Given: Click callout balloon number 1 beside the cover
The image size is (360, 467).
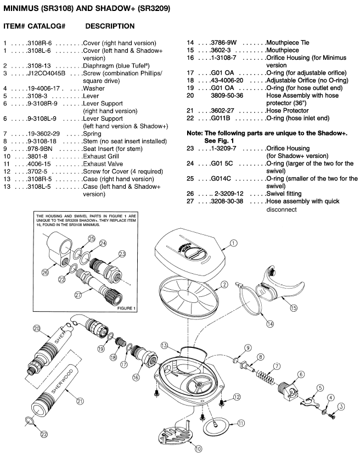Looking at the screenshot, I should [x=233, y=243].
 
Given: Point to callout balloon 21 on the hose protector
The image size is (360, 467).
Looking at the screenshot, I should [x=81, y=401].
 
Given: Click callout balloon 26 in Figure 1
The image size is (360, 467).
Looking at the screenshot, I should [x=44, y=272].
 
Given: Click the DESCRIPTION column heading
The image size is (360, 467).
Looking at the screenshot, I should [x=110, y=26].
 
